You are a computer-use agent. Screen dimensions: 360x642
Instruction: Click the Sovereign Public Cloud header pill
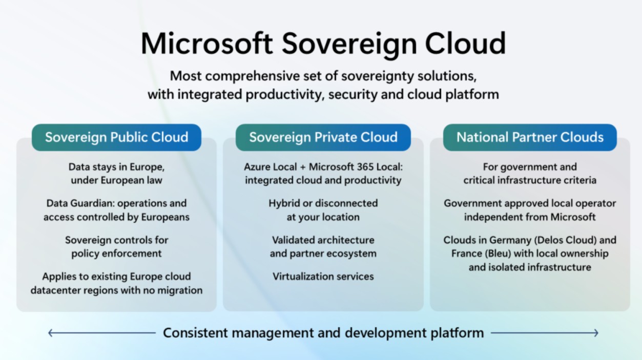tap(116, 137)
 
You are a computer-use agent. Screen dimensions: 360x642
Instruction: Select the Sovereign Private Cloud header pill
tap(323, 137)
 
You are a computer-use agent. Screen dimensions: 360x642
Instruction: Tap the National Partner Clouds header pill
tap(530, 137)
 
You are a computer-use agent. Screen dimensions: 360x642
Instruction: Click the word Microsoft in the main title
tap(206, 43)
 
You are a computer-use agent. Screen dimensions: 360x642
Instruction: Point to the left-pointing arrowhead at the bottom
tap(50, 333)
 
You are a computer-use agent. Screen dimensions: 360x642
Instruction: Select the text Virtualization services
tap(323, 277)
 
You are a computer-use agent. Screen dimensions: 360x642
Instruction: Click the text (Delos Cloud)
tap(567, 240)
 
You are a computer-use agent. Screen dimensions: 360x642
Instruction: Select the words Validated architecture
tap(323, 240)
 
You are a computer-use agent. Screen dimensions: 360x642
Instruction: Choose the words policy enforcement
tap(116, 253)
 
